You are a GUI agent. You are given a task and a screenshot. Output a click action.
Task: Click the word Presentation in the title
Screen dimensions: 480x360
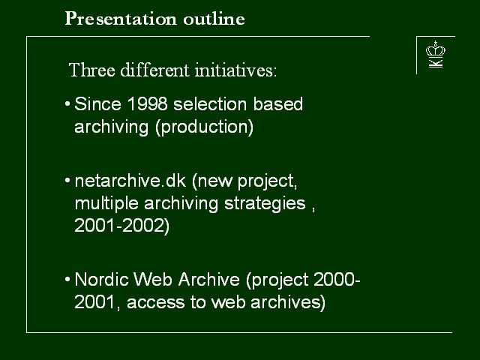click(x=121, y=19)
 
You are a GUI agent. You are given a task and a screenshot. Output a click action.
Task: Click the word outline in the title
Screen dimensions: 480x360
click(x=214, y=19)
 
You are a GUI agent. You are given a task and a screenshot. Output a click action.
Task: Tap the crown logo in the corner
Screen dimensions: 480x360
click(x=435, y=54)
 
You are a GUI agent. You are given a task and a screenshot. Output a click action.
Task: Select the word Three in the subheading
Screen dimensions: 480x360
click(x=92, y=70)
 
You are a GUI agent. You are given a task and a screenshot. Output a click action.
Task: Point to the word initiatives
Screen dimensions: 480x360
click(x=235, y=70)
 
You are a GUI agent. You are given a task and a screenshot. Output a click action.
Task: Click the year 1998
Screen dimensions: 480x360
click(x=147, y=103)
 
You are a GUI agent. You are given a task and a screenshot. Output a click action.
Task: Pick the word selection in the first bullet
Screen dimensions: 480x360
click(x=210, y=103)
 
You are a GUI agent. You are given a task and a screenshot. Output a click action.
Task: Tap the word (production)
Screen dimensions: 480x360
click(x=205, y=127)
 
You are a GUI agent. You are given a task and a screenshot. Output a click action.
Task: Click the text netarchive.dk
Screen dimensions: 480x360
click(x=130, y=181)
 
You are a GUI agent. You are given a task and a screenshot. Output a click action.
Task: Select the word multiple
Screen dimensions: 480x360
click(x=106, y=203)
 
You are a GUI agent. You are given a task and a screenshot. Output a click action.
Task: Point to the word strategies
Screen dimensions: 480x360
click(x=265, y=203)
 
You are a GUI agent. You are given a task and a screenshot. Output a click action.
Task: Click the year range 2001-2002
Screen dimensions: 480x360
click(x=121, y=226)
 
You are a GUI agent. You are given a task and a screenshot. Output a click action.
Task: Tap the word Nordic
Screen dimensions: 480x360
click(x=102, y=280)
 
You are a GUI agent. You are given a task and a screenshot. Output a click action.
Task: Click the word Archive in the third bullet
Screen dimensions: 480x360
click(x=209, y=280)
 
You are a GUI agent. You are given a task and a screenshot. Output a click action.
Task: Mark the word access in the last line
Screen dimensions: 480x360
click(x=156, y=302)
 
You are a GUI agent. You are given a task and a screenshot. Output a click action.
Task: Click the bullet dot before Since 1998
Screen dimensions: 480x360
click(x=67, y=104)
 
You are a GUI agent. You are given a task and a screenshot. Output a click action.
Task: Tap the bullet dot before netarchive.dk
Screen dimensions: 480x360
click(x=67, y=181)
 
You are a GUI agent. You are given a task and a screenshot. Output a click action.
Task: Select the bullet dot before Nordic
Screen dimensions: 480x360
click(x=67, y=280)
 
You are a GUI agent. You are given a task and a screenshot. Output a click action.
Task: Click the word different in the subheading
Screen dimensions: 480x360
click(x=155, y=70)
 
